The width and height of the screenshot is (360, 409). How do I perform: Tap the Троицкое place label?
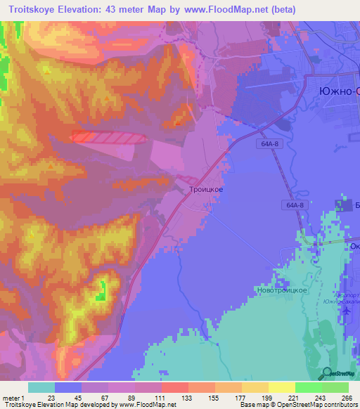pos(206,190)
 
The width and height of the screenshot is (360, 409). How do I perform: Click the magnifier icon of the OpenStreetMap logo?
pos(328,373)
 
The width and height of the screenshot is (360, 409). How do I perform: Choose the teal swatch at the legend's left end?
pos(41,387)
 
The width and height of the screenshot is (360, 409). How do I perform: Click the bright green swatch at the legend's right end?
pos(335,387)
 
